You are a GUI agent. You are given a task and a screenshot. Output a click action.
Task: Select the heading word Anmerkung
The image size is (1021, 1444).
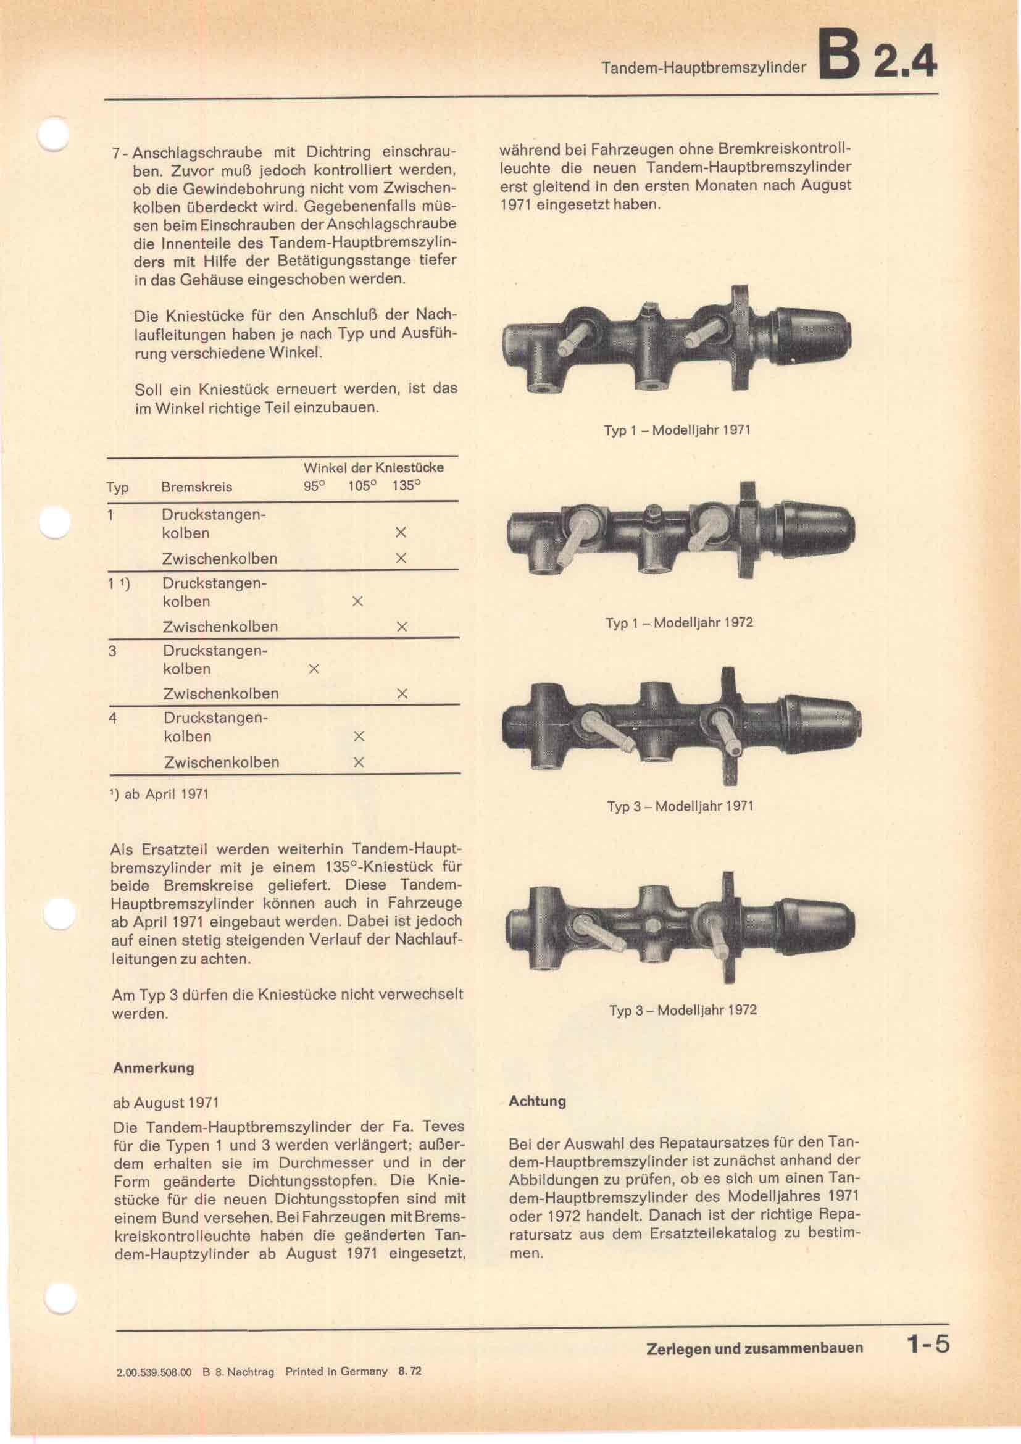point(154,1067)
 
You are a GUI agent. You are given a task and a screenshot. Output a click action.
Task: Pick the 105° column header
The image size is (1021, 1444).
point(362,486)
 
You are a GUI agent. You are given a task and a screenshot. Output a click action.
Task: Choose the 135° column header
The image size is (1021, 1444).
point(406,486)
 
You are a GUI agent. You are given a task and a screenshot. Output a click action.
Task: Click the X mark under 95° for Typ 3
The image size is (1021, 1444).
point(314,669)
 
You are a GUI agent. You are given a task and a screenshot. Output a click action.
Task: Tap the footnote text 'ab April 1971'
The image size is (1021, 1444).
point(166,794)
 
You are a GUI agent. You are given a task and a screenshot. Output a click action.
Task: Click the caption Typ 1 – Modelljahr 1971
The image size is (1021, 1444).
point(677,431)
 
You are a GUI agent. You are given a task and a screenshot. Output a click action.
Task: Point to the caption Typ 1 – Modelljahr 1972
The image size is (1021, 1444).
point(679,623)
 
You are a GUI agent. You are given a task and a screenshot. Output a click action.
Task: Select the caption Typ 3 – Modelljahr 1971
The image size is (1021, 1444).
point(680,806)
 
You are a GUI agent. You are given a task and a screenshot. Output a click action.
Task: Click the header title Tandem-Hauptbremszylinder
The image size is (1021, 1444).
point(703,68)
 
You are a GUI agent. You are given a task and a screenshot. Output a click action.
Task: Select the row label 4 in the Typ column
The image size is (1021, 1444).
point(112,717)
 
